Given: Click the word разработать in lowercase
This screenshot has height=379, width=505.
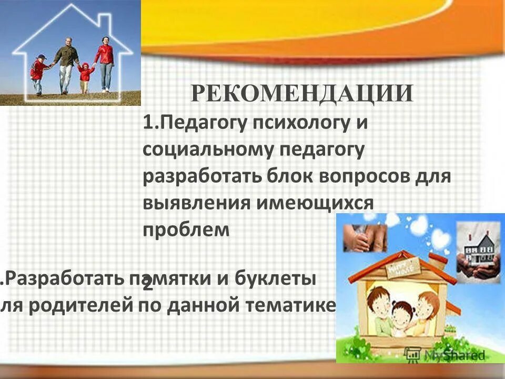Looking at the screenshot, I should tap(198, 176).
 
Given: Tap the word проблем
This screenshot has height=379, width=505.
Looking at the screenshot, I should tap(186, 230).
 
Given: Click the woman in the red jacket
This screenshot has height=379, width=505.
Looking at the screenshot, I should tap(105, 62).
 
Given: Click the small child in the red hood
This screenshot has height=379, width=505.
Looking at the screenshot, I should tap(84, 76).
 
